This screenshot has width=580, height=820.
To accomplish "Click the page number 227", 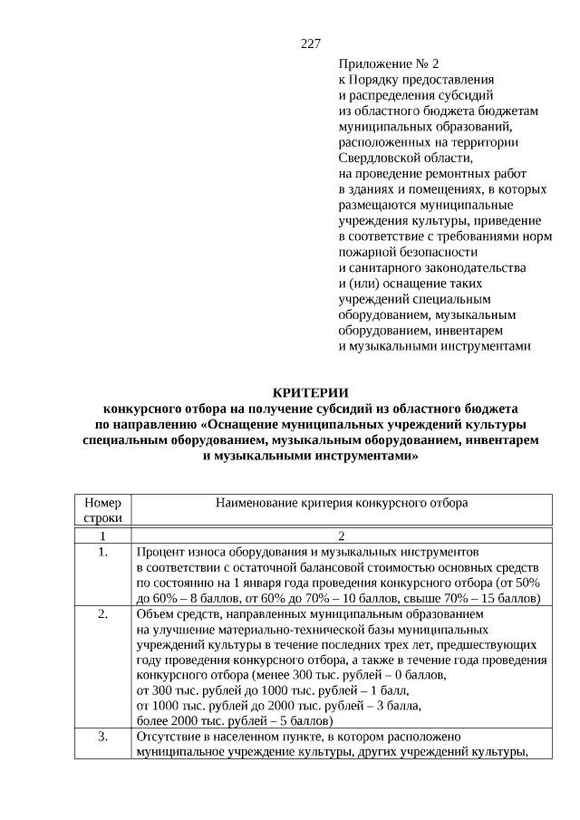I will (x=311, y=43).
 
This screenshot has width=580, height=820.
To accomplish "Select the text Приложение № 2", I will (x=389, y=64).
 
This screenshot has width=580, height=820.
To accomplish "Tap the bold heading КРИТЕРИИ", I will (x=311, y=392).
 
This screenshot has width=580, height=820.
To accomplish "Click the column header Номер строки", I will (x=102, y=509).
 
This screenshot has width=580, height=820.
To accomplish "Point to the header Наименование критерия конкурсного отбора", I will (x=342, y=502).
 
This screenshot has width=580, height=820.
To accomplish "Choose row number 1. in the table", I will (x=102, y=551).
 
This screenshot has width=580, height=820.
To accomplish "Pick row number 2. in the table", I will (x=102, y=614).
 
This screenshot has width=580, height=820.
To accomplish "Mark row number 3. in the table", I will (x=102, y=738).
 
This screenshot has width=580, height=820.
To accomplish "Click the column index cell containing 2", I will (x=342, y=535).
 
